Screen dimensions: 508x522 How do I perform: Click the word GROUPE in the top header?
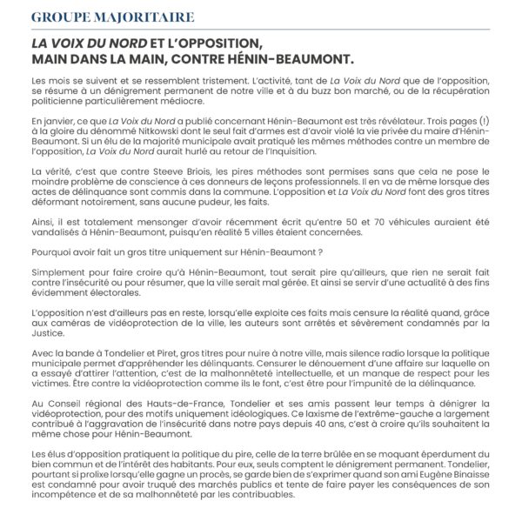pyautogui.click(x=58, y=17)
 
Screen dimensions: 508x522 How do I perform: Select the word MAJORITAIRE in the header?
pyautogui.click(x=144, y=17)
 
